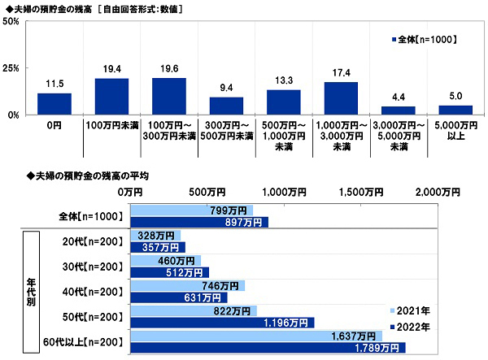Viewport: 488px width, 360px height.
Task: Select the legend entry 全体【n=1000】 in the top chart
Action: [423, 38]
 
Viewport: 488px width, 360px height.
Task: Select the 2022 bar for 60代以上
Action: [268, 349]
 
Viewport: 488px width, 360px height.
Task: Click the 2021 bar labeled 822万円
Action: [193, 311]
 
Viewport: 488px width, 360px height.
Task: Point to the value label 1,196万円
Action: [288, 323]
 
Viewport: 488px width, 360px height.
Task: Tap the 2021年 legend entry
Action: [413, 311]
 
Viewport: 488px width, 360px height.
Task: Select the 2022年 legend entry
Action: [413, 326]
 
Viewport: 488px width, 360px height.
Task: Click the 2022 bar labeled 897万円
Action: [198, 222]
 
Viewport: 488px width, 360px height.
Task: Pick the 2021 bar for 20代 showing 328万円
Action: [155, 235]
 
